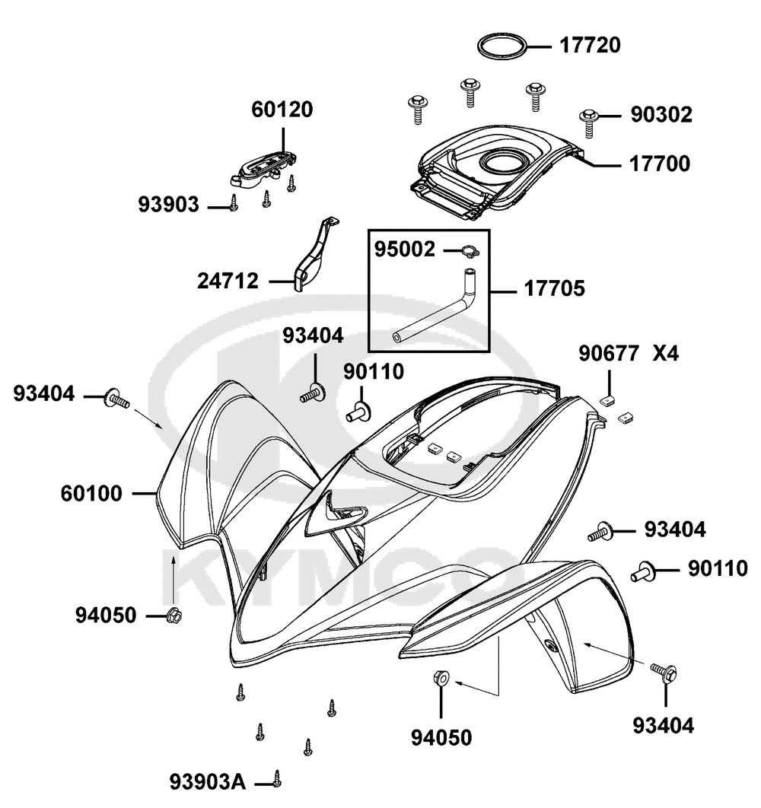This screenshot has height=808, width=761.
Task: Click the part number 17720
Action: coord(591,46)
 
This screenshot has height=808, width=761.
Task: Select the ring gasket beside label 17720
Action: coord(501,46)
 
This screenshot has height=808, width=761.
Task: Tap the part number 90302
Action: coord(661,116)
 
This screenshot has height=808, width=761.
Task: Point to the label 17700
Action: coord(659,164)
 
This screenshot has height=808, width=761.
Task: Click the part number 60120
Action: coord(282,110)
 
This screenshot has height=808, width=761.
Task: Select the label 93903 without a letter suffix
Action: coord(169,204)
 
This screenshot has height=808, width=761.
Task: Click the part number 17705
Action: coord(553,289)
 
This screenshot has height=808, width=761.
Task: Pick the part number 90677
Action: coord(609,354)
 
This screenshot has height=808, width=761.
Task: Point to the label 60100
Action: coord(91,494)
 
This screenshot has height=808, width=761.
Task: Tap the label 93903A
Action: coord(208,781)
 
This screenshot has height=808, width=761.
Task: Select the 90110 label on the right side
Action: coord(718,568)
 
